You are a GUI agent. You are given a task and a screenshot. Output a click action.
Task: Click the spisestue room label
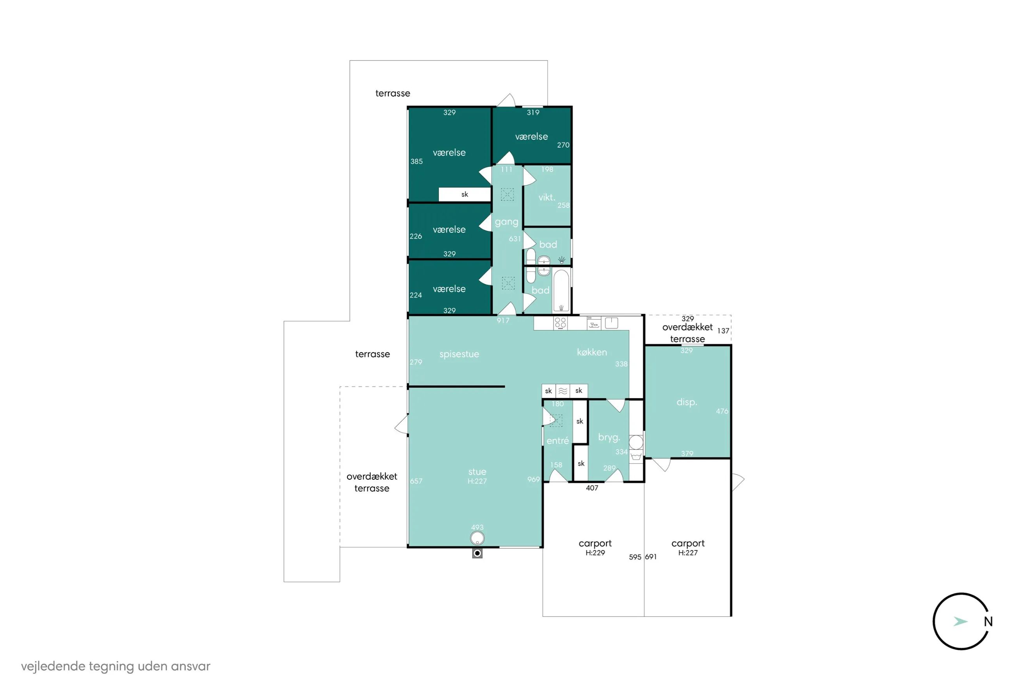459,354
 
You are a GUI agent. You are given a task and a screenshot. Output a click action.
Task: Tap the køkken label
592,352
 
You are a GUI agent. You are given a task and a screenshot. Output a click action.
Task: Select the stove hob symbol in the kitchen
560,323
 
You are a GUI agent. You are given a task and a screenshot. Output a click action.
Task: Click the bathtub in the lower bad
561,291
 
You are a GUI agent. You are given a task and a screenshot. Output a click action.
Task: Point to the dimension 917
503,321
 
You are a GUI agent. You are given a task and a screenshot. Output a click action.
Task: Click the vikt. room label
547,197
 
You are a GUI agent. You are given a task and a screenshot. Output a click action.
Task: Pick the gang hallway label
506,222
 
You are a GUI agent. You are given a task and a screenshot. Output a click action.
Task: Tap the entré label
557,441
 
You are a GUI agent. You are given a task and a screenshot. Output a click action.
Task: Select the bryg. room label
609,438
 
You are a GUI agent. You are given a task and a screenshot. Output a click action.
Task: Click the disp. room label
687,402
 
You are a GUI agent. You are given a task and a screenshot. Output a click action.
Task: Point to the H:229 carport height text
595,553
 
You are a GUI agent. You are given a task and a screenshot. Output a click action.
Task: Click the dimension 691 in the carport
650,557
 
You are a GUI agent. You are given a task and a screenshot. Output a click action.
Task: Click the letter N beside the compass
988,622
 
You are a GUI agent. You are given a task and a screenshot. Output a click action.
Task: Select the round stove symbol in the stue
477,538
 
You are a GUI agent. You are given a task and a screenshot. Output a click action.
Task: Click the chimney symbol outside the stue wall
477,553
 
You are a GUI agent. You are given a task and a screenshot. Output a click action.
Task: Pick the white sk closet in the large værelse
465,194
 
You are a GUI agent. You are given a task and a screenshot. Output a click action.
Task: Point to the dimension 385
416,161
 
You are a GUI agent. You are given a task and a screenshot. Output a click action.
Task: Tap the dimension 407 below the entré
592,488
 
